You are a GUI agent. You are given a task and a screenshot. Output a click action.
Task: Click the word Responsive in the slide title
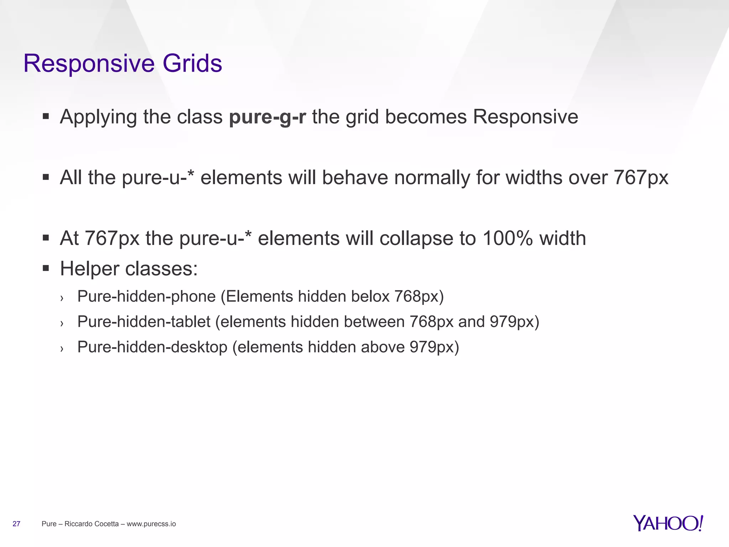[x=89, y=64]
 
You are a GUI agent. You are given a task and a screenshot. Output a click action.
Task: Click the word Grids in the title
[x=192, y=64]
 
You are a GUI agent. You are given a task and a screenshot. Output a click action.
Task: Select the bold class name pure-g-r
[x=267, y=117]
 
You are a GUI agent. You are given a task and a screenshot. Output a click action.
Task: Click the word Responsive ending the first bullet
[x=525, y=117]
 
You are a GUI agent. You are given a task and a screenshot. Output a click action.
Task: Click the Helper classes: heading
[x=129, y=269]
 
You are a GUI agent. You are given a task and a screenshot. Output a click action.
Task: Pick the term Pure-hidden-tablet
[x=144, y=322]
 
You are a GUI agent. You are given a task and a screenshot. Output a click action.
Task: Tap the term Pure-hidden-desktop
[x=152, y=347]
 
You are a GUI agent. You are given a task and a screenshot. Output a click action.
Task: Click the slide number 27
[x=16, y=524]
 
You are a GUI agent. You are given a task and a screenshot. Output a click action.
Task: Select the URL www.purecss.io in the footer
[x=151, y=524]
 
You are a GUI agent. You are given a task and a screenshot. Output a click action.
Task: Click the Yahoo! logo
[x=668, y=523]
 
